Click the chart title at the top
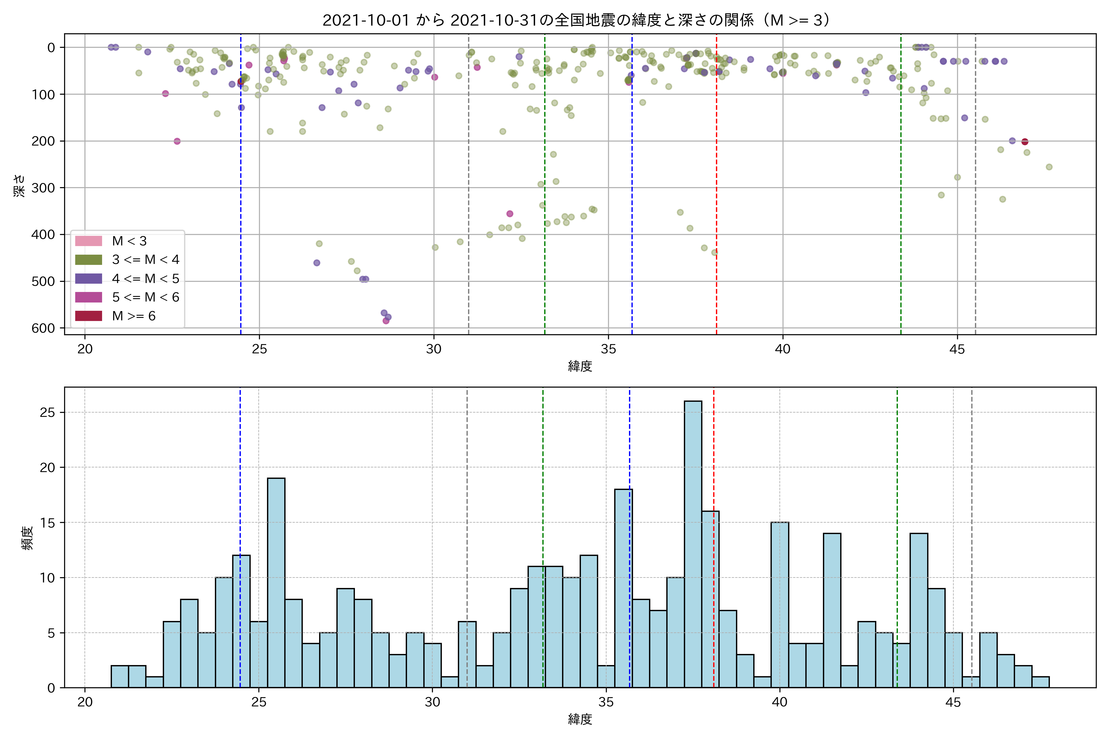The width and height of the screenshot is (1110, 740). coord(577,20)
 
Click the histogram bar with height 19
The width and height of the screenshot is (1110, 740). coord(276,583)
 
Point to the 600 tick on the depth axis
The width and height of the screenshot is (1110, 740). coord(43,328)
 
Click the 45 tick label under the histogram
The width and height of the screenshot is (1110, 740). coord(953,702)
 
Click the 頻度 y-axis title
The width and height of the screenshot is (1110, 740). coord(27,538)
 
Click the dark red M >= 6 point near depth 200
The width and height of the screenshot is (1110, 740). coord(1025,142)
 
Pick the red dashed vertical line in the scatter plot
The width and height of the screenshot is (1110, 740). coord(716,189)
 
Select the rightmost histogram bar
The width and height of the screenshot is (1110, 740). coord(1040,682)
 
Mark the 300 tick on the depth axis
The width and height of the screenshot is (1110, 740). coord(43,188)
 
